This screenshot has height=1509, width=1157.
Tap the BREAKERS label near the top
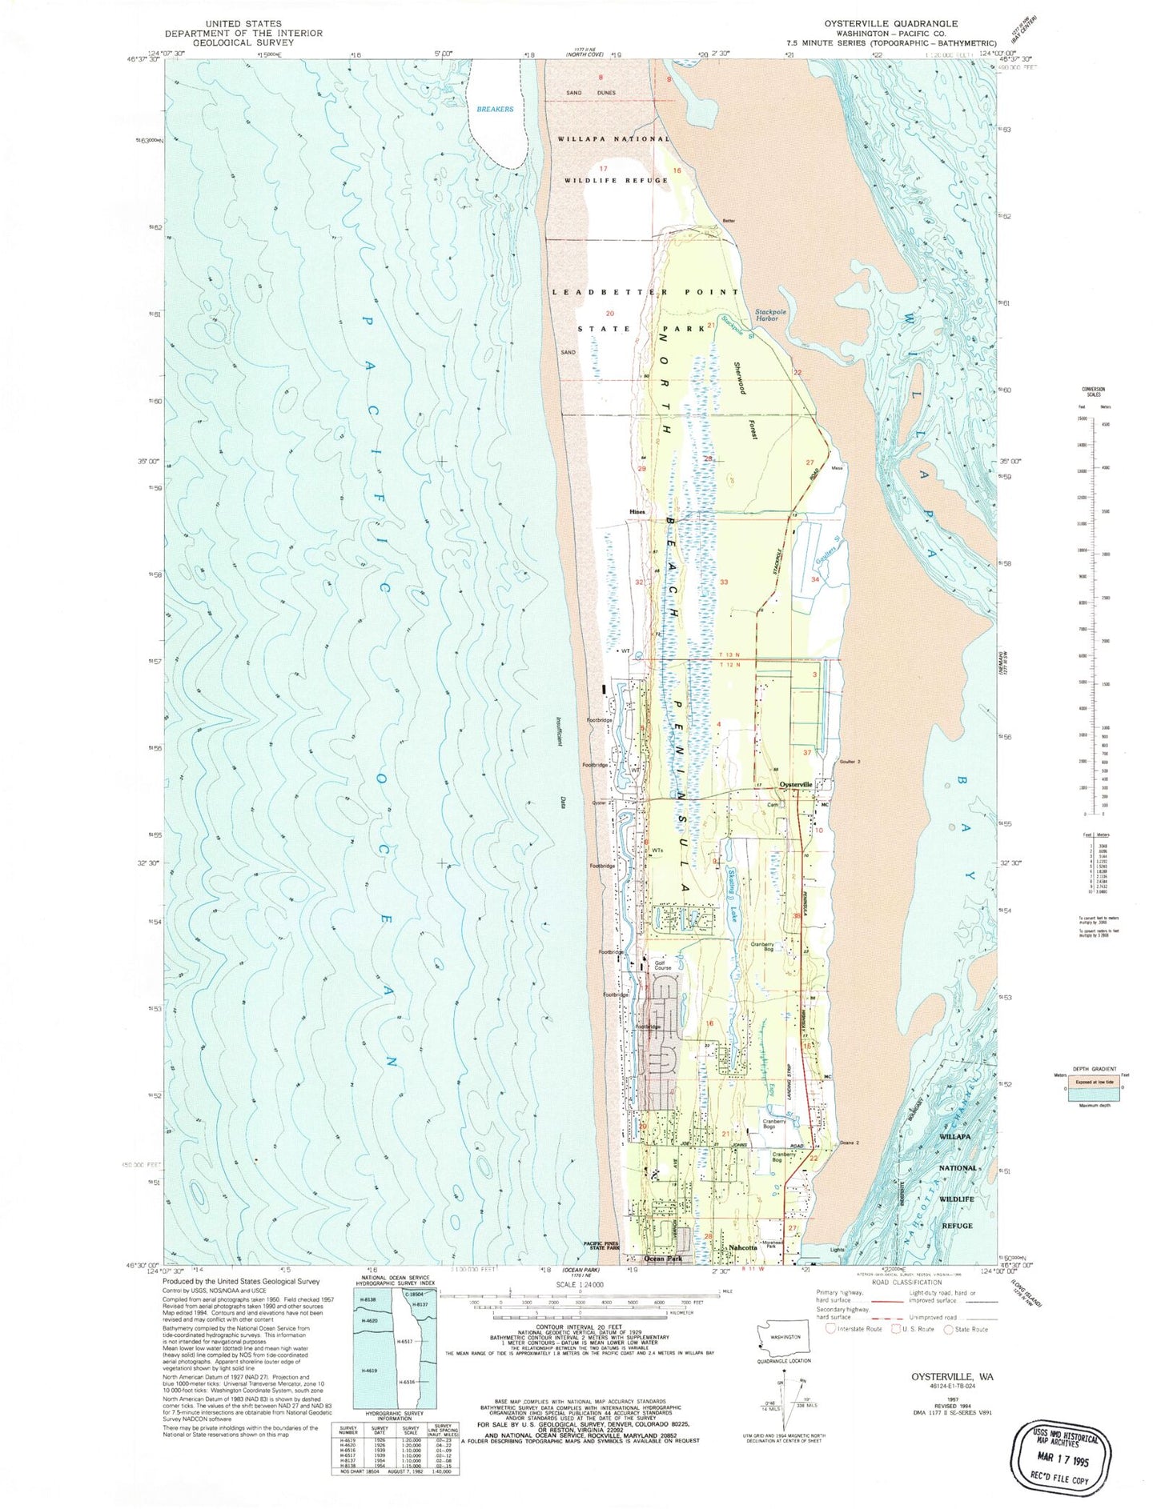coord(494,109)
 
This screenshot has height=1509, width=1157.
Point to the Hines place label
coord(637,511)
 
